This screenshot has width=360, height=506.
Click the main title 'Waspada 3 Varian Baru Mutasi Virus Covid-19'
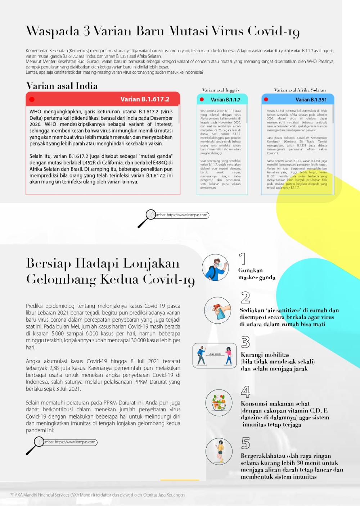tap(163, 31)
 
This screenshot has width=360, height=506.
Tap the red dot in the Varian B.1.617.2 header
tap(32, 99)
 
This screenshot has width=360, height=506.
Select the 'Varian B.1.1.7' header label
tap(225, 100)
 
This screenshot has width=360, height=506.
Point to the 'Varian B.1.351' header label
tap(311, 100)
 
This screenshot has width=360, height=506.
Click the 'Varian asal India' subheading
tap(62, 86)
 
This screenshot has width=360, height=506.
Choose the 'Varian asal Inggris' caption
tap(221, 90)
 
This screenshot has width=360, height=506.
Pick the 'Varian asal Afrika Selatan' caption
tap(300, 90)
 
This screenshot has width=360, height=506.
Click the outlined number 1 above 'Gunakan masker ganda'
tap(243, 259)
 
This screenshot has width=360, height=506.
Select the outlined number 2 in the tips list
tap(246, 298)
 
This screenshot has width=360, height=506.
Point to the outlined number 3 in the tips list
tap(246, 342)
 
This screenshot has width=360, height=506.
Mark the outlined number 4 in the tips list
tap(246, 391)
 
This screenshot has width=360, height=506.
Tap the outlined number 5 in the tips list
tap(246, 443)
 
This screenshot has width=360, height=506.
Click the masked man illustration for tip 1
tap(215, 268)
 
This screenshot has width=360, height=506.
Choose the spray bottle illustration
tap(217, 310)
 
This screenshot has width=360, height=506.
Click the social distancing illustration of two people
tap(215, 356)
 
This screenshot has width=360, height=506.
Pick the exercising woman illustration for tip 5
tap(219, 451)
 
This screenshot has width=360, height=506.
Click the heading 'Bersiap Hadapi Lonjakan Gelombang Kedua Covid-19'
tap(110, 271)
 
